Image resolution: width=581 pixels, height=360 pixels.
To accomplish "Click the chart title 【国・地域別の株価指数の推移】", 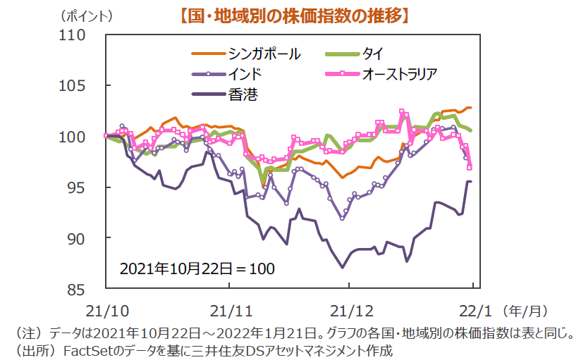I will [291, 14].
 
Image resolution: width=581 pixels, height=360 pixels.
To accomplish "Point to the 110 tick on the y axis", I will [83, 35].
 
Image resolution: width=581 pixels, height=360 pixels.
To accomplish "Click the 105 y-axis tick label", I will [83, 86].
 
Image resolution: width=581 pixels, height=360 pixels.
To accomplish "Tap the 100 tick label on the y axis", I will [83, 137].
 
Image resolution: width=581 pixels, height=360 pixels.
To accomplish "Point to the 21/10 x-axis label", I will [106, 309].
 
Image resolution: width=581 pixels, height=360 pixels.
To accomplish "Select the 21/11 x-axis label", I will [229, 309].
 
